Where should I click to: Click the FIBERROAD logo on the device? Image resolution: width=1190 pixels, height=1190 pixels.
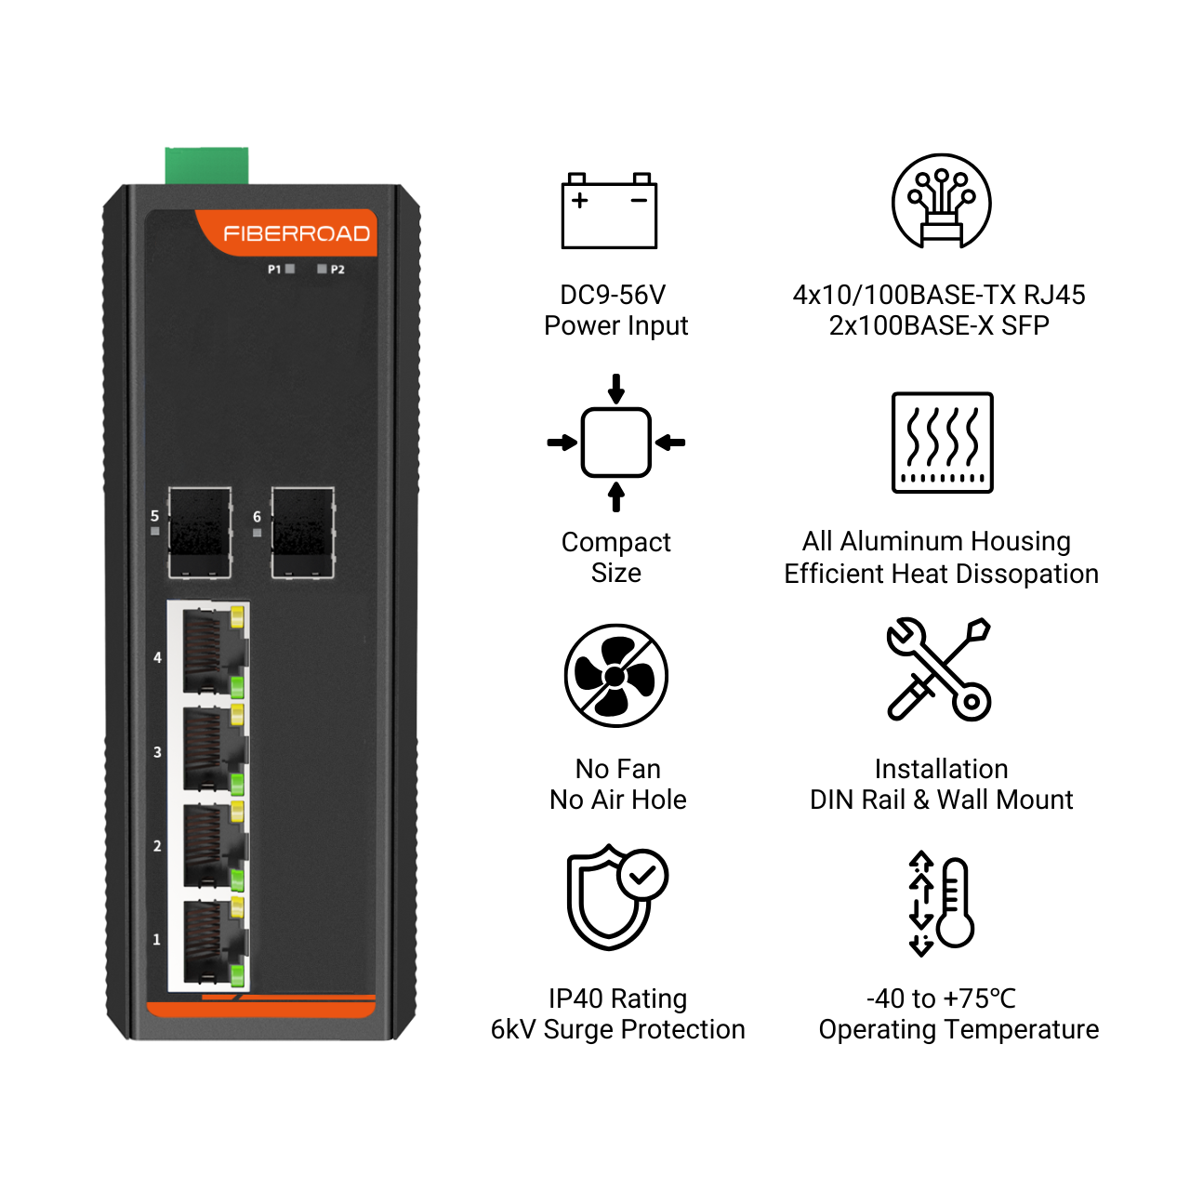tap(297, 233)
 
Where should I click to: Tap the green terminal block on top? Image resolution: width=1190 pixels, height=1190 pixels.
tap(207, 165)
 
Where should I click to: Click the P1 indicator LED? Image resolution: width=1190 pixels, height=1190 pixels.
tap(290, 269)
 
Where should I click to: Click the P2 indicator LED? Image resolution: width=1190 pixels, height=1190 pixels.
tap(322, 269)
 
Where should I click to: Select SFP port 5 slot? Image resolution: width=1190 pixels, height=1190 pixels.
tap(200, 533)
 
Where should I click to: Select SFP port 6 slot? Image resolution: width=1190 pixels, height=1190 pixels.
tap(302, 533)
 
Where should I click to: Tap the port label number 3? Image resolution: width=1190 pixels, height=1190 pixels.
tap(157, 752)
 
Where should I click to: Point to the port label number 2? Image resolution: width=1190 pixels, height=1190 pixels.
tap(157, 845)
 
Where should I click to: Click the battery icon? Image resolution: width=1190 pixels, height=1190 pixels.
tap(609, 211)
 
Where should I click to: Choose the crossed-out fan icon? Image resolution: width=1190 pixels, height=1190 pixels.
tap(615, 676)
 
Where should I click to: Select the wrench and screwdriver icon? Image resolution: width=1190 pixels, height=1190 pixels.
tap(939, 669)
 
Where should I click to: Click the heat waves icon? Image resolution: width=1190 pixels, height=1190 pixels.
tap(943, 443)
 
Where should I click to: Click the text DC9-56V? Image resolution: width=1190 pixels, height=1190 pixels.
tap(613, 295)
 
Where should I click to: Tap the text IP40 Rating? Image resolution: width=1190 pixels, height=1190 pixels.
tap(617, 998)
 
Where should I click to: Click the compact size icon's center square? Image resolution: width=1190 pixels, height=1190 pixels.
tap(615, 443)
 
